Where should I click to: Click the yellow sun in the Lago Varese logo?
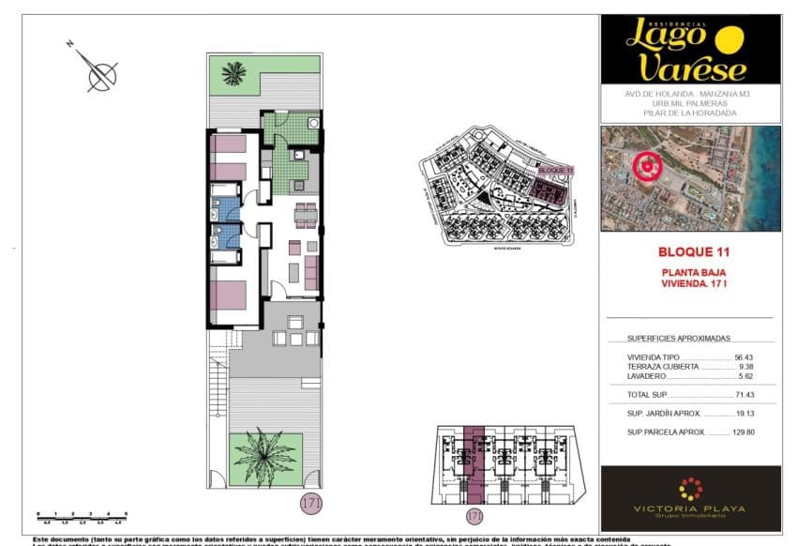pyautogui.click(x=729, y=38)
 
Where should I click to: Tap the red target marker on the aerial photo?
pyautogui.click(x=645, y=167)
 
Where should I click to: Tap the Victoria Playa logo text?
pyautogui.click(x=689, y=509)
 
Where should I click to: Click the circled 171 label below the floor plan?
pyautogui.click(x=311, y=503)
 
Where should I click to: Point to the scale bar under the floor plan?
pyautogui.click(x=82, y=515)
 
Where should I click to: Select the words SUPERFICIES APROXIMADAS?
pyautogui.click(x=678, y=339)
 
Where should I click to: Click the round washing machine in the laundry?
pyautogui.click(x=314, y=122)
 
